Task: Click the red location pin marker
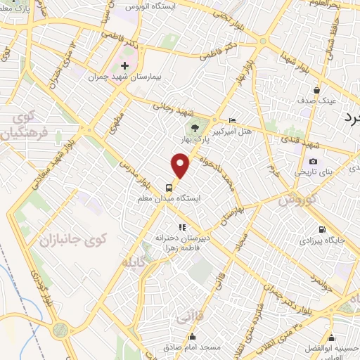(x=181, y=166)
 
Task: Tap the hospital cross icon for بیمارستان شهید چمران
(x=124, y=65)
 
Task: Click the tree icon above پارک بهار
(x=195, y=127)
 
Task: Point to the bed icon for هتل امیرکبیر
(x=233, y=120)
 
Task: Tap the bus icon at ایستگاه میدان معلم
(x=169, y=187)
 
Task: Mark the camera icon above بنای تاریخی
(x=313, y=162)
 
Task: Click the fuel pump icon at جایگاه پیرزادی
(x=322, y=229)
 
